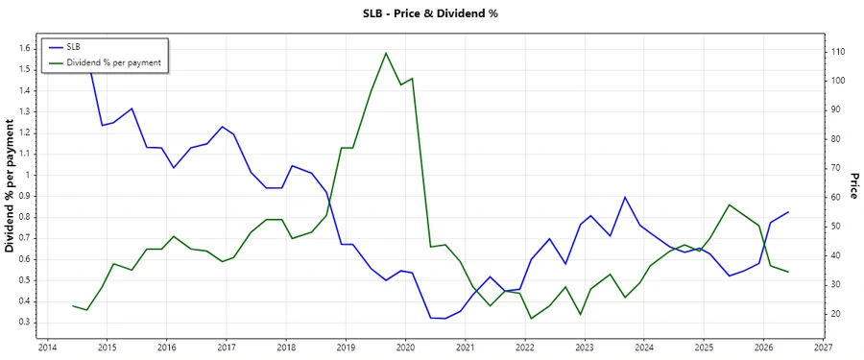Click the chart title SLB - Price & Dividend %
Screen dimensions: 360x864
click(x=431, y=13)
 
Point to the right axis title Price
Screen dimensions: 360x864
click(x=852, y=186)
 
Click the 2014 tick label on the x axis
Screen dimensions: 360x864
click(x=47, y=348)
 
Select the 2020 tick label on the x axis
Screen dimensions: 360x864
click(x=405, y=348)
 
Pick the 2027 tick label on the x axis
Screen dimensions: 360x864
click(x=823, y=348)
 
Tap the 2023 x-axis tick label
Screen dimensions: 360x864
click(x=585, y=348)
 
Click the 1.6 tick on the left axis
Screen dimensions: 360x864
click(x=25, y=49)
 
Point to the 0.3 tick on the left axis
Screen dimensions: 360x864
click(x=25, y=322)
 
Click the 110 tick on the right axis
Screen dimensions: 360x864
click(x=837, y=52)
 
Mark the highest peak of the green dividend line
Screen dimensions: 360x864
click(x=385, y=53)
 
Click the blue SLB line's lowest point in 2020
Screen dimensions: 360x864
click(x=444, y=319)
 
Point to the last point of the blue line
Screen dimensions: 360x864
click(x=788, y=212)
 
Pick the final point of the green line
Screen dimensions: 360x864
click(x=788, y=272)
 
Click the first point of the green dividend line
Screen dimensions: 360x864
click(x=73, y=305)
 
